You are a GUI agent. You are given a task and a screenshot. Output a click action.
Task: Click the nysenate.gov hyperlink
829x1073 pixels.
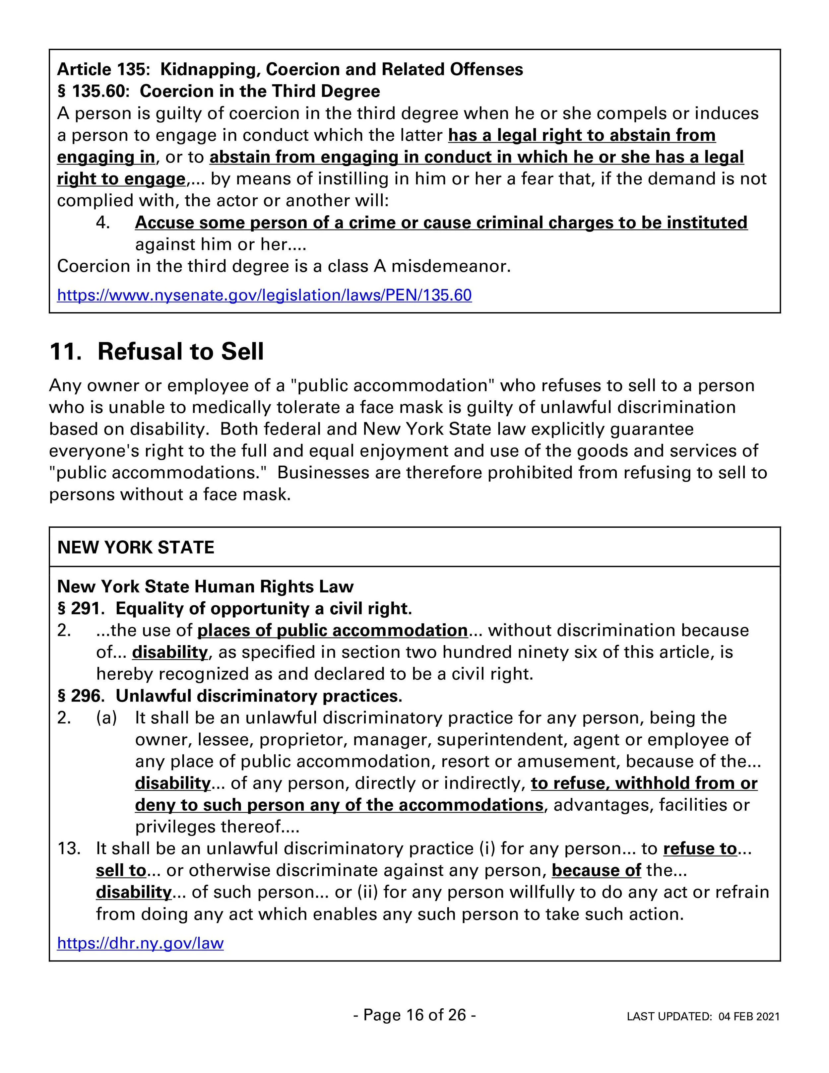point(264,295)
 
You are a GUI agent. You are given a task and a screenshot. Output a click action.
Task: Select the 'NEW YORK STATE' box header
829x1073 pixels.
point(136,547)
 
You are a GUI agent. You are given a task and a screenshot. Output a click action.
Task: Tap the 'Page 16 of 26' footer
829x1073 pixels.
point(414,1015)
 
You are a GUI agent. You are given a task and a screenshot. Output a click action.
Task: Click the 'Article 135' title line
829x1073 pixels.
point(290,69)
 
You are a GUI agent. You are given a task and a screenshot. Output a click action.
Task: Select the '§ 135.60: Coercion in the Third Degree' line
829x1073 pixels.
point(219,92)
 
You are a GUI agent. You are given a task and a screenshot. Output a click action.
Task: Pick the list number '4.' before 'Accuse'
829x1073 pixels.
point(103,223)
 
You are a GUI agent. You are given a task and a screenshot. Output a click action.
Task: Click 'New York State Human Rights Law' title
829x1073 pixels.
point(205,587)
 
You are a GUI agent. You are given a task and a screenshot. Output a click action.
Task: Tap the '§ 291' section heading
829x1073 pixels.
point(234,609)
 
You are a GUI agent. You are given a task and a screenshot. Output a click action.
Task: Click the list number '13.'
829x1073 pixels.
point(69,848)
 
